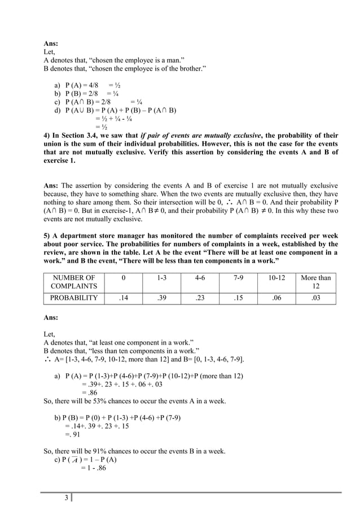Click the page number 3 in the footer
click(x=67, y=498)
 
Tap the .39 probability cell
click(x=161, y=298)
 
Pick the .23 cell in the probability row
click(x=199, y=298)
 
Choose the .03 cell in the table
click(x=316, y=298)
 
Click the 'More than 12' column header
click(x=316, y=282)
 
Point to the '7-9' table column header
click(x=239, y=277)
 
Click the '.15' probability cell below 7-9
click(x=239, y=298)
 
